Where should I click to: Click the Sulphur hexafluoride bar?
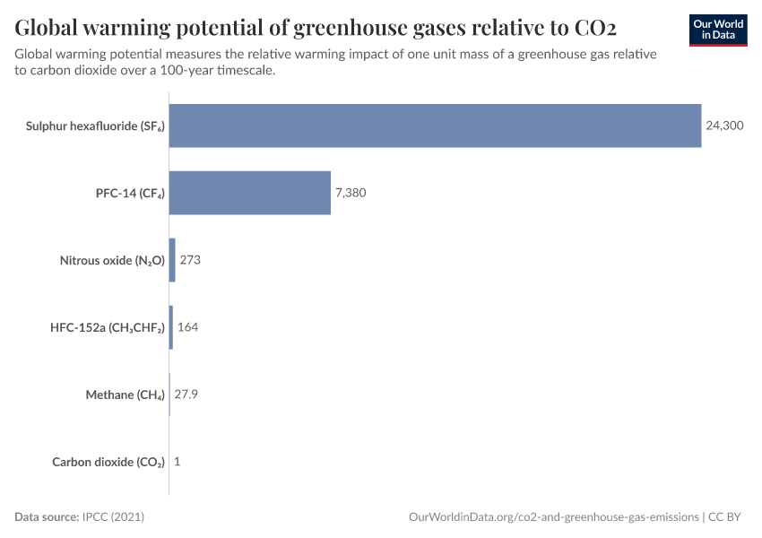pos(435,126)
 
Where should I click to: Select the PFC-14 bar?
pos(249,193)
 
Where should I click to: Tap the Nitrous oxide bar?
pos(172,260)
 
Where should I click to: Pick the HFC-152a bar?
pos(171,327)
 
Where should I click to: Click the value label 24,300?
pos(724,126)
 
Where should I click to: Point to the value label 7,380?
pos(351,193)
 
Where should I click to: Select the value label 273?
pos(190,260)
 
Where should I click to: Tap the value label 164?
pos(187,327)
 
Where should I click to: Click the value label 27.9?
pos(186,395)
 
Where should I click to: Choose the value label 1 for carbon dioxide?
pos(178,462)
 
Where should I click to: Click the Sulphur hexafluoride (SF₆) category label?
pos(95,126)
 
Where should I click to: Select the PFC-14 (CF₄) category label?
pos(130,194)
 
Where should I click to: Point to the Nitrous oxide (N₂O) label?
pos(112,261)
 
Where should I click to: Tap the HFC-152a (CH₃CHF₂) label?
pos(107,328)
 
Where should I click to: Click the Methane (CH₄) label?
pos(125,395)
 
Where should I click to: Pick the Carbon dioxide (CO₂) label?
pos(108,463)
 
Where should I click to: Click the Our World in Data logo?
pos(718,30)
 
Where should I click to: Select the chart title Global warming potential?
pos(315,25)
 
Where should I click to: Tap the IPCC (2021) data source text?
pos(113,517)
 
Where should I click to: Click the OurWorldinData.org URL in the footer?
pos(553,517)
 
